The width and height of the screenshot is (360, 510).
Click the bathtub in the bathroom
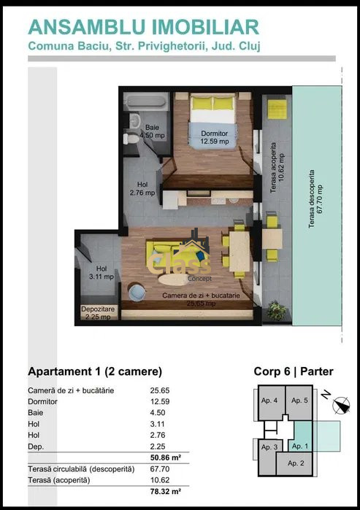click(x=147, y=102)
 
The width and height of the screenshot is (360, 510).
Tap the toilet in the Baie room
click(x=131, y=139)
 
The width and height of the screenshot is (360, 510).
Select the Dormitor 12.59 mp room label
click(x=215, y=137)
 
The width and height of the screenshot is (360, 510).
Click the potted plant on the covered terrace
click(x=277, y=310)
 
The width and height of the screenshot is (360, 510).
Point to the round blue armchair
click(x=137, y=292)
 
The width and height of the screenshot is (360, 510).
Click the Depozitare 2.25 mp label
click(x=98, y=312)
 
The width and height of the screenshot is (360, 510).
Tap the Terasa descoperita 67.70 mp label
click(x=315, y=198)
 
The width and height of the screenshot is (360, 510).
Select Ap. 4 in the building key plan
click(x=269, y=401)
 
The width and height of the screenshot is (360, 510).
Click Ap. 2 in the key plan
click(x=296, y=463)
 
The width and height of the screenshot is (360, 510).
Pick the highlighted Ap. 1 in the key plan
click(x=300, y=446)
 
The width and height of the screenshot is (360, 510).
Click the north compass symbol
click(x=341, y=406)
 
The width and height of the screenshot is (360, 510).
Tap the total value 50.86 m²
click(x=166, y=457)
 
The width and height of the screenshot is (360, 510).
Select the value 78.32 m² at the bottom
click(x=166, y=491)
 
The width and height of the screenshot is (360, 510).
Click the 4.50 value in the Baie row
click(x=158, y=412)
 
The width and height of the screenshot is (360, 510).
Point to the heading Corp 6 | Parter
click(x=294, y=371)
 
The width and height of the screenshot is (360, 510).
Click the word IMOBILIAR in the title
click(x=205, y=27)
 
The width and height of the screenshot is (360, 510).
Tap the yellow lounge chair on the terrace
click(x=277, y=109)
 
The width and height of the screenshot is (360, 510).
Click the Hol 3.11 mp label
click(x=102, y=273)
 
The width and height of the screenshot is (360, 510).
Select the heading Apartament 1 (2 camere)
click(x=95, y=371)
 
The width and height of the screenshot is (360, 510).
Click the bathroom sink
click(x=134, y=121)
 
